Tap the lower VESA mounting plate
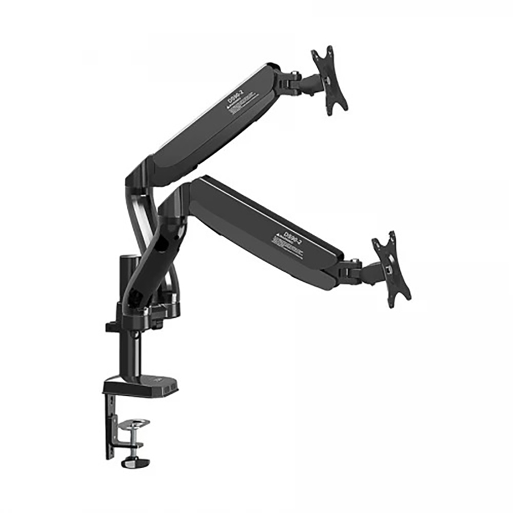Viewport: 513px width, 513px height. coord(390,269)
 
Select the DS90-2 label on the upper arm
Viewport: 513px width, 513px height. coord(235,96)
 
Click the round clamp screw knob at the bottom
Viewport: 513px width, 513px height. coord(135,462)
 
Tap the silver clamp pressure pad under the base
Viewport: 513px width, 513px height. coord(134,424)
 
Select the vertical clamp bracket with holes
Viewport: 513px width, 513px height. coord(111,425)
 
